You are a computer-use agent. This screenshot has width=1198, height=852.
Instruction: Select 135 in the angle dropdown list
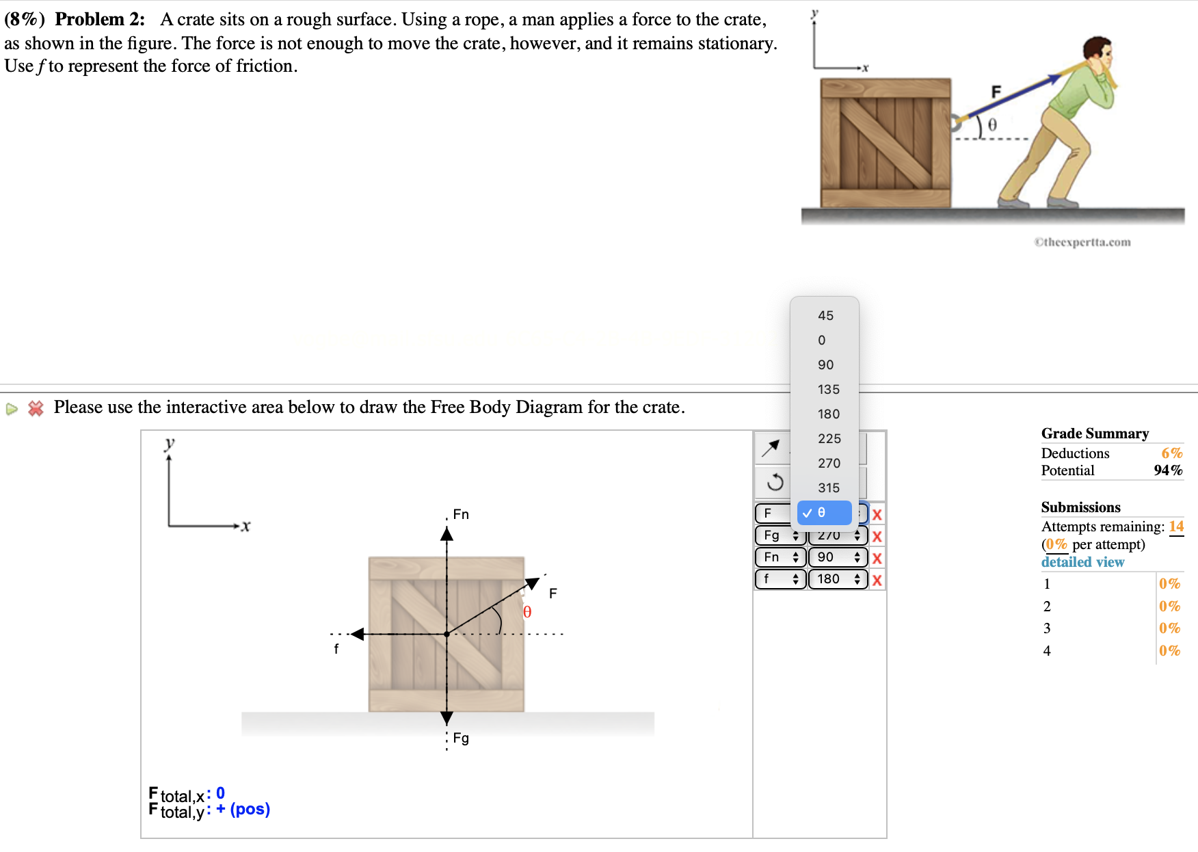828,389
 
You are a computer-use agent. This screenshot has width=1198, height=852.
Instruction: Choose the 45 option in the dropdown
825,315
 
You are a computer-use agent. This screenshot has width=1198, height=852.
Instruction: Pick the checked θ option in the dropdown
824,512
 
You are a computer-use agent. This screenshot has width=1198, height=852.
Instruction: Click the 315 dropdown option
828,488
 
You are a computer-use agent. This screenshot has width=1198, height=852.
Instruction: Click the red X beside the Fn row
877,558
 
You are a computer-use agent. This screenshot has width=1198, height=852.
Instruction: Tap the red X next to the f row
877,580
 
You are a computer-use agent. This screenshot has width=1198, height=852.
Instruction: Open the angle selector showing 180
838,579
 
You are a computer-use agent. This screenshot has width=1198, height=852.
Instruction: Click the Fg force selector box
780,535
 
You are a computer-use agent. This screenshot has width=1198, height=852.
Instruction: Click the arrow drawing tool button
771,449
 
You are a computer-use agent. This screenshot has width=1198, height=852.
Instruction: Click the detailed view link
1082,562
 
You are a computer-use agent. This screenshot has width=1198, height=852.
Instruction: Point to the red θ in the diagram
527,612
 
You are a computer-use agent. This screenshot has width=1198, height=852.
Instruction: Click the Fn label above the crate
461,514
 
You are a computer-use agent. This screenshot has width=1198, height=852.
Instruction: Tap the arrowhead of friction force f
357,634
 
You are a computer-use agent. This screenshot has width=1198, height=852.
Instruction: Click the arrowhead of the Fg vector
447,718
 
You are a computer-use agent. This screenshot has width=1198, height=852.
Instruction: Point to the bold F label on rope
996,92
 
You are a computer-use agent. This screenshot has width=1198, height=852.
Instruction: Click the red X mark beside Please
36,408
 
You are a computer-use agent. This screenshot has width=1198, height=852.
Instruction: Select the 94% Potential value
1167,470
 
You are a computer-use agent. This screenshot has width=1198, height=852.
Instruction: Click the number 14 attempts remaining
1175,527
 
